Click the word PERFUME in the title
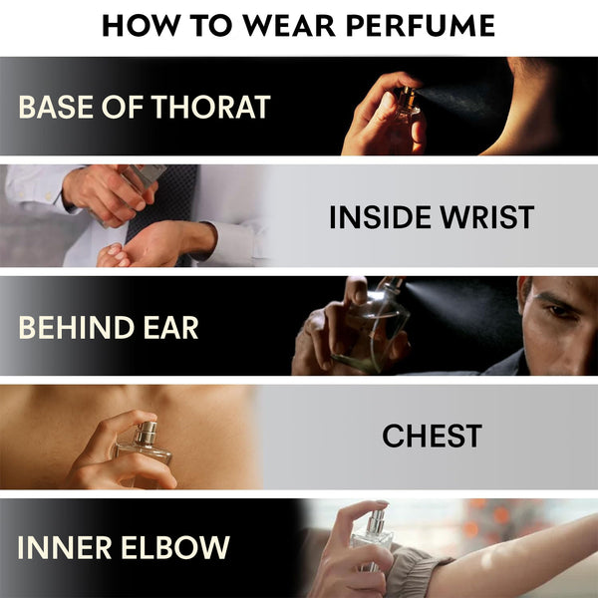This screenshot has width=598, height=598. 421,26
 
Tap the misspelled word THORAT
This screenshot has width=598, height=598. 211,107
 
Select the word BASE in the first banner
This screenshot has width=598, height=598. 56,107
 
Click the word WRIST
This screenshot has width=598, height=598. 487,217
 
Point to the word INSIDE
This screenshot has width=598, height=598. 381,217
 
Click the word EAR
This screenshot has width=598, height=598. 170,327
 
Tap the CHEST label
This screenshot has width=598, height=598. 433,436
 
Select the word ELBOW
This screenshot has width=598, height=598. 175,547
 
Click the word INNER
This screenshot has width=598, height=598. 65,547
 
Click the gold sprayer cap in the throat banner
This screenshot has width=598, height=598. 409,98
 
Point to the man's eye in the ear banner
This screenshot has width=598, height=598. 558,310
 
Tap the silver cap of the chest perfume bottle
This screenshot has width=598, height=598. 147,433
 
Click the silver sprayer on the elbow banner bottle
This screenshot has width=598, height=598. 376,521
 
